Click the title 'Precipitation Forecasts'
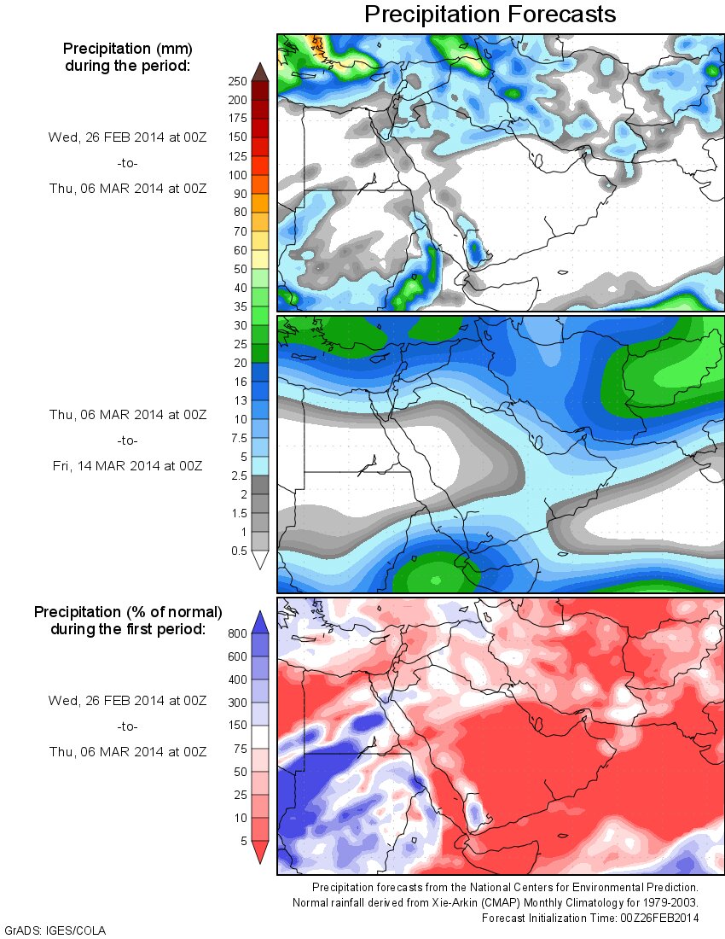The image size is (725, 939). [x=490, y=15]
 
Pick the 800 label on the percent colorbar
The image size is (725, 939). [x=236, y=634]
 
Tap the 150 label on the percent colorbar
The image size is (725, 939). [x=236, y=726]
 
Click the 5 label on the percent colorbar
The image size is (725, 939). [x=242, y=841]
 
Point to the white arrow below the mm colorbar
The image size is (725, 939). [x=260, y=559]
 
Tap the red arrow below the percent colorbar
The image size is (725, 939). [x=260, y=851]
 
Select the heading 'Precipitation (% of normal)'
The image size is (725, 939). [x=128, y=612]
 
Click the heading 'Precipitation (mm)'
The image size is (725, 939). [x=127, y=48]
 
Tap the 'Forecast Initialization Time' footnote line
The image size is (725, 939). [x=590, y=918]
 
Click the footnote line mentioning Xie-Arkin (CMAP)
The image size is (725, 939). [x=496, y=902]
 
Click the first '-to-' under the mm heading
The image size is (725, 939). [x=126, y=162]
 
